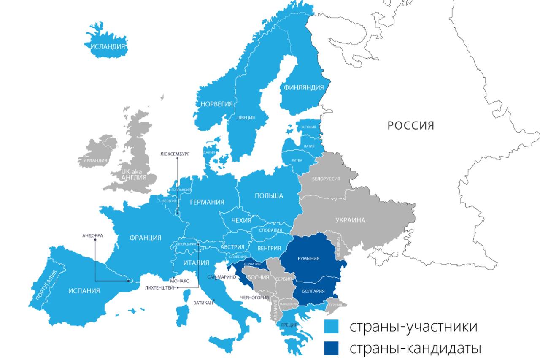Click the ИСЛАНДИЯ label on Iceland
click(108, 46)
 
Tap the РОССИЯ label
click(410, 125)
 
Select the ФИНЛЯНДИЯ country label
click(304, 87)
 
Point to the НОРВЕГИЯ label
click(216, 104)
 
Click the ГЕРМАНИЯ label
click(207, 202)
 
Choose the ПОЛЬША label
click(269, 196)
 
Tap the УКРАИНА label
click(350, 220)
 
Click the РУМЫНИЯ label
click(308, 259)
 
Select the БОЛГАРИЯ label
click(313, 291)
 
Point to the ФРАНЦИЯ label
click(145, 238)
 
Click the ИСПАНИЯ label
click(84, 290)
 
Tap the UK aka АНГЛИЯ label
click(133, 174)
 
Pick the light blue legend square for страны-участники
click(331, 327)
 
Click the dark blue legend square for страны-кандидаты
click(331, 349)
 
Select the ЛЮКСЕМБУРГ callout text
click(175, 154)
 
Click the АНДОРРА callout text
click(92, 235)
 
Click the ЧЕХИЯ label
click(241, 220)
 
